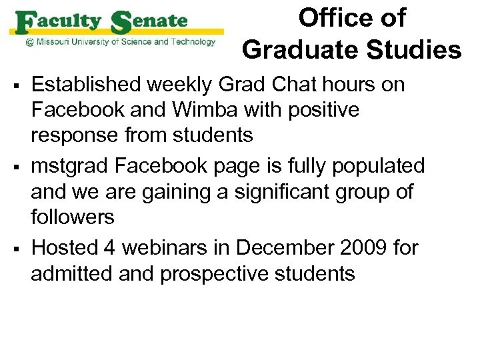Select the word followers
pyautogui.click(x=73, y=217)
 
